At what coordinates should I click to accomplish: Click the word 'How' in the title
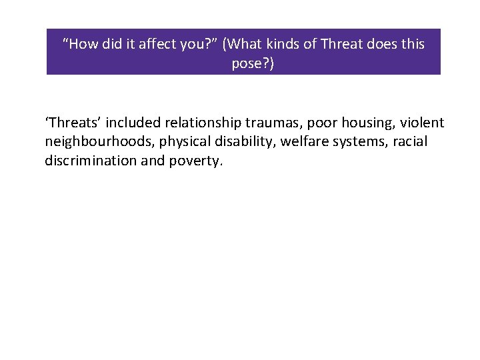pyautogui.click(x=82, y=44)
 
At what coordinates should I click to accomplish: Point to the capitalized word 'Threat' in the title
pyautogui.click(x=341, y=44)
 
